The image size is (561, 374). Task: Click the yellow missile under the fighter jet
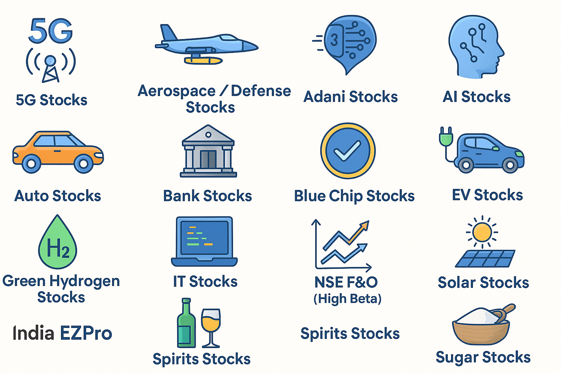pyautogui.click(x=203, y=60)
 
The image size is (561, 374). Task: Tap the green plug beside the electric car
pyautogui.click(x=446, y=137)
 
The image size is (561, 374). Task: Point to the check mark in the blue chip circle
pyautogui.click(x=348, y=150)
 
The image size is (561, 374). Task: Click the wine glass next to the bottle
pyautogui.click(x=211, y=328)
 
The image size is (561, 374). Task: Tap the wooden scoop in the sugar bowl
pyautogui.click(x=503, y=313)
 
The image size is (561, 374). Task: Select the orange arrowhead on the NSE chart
pyautogui.click(x=365, y=225)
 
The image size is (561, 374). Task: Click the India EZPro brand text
pyautogui.click(x=62, y=333)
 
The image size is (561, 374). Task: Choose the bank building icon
pyautogui.click(x=208, y=151)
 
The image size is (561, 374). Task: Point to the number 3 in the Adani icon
pyautogui.click(x=334, y=40)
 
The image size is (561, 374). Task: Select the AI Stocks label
pyautogui.click(x=477, y=97)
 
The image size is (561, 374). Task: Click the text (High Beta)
pyautogui.click(x=348, y=299)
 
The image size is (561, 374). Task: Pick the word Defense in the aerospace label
pyautogui.click(x=261, y=91)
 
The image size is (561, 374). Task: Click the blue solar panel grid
pyautogui.click(x=485, y=259)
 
